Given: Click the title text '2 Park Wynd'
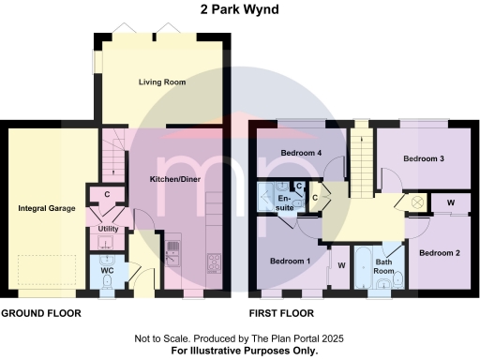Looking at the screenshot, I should point(239,10).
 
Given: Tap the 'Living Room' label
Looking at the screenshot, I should point(162,82).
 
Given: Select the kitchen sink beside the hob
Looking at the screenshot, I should point(173,250).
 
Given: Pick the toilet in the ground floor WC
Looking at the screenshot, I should point(108,282).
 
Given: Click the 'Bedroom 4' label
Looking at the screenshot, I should point(301,154).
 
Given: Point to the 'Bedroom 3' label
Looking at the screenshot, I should point(424,158).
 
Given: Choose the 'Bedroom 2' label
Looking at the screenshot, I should point(438,253).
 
